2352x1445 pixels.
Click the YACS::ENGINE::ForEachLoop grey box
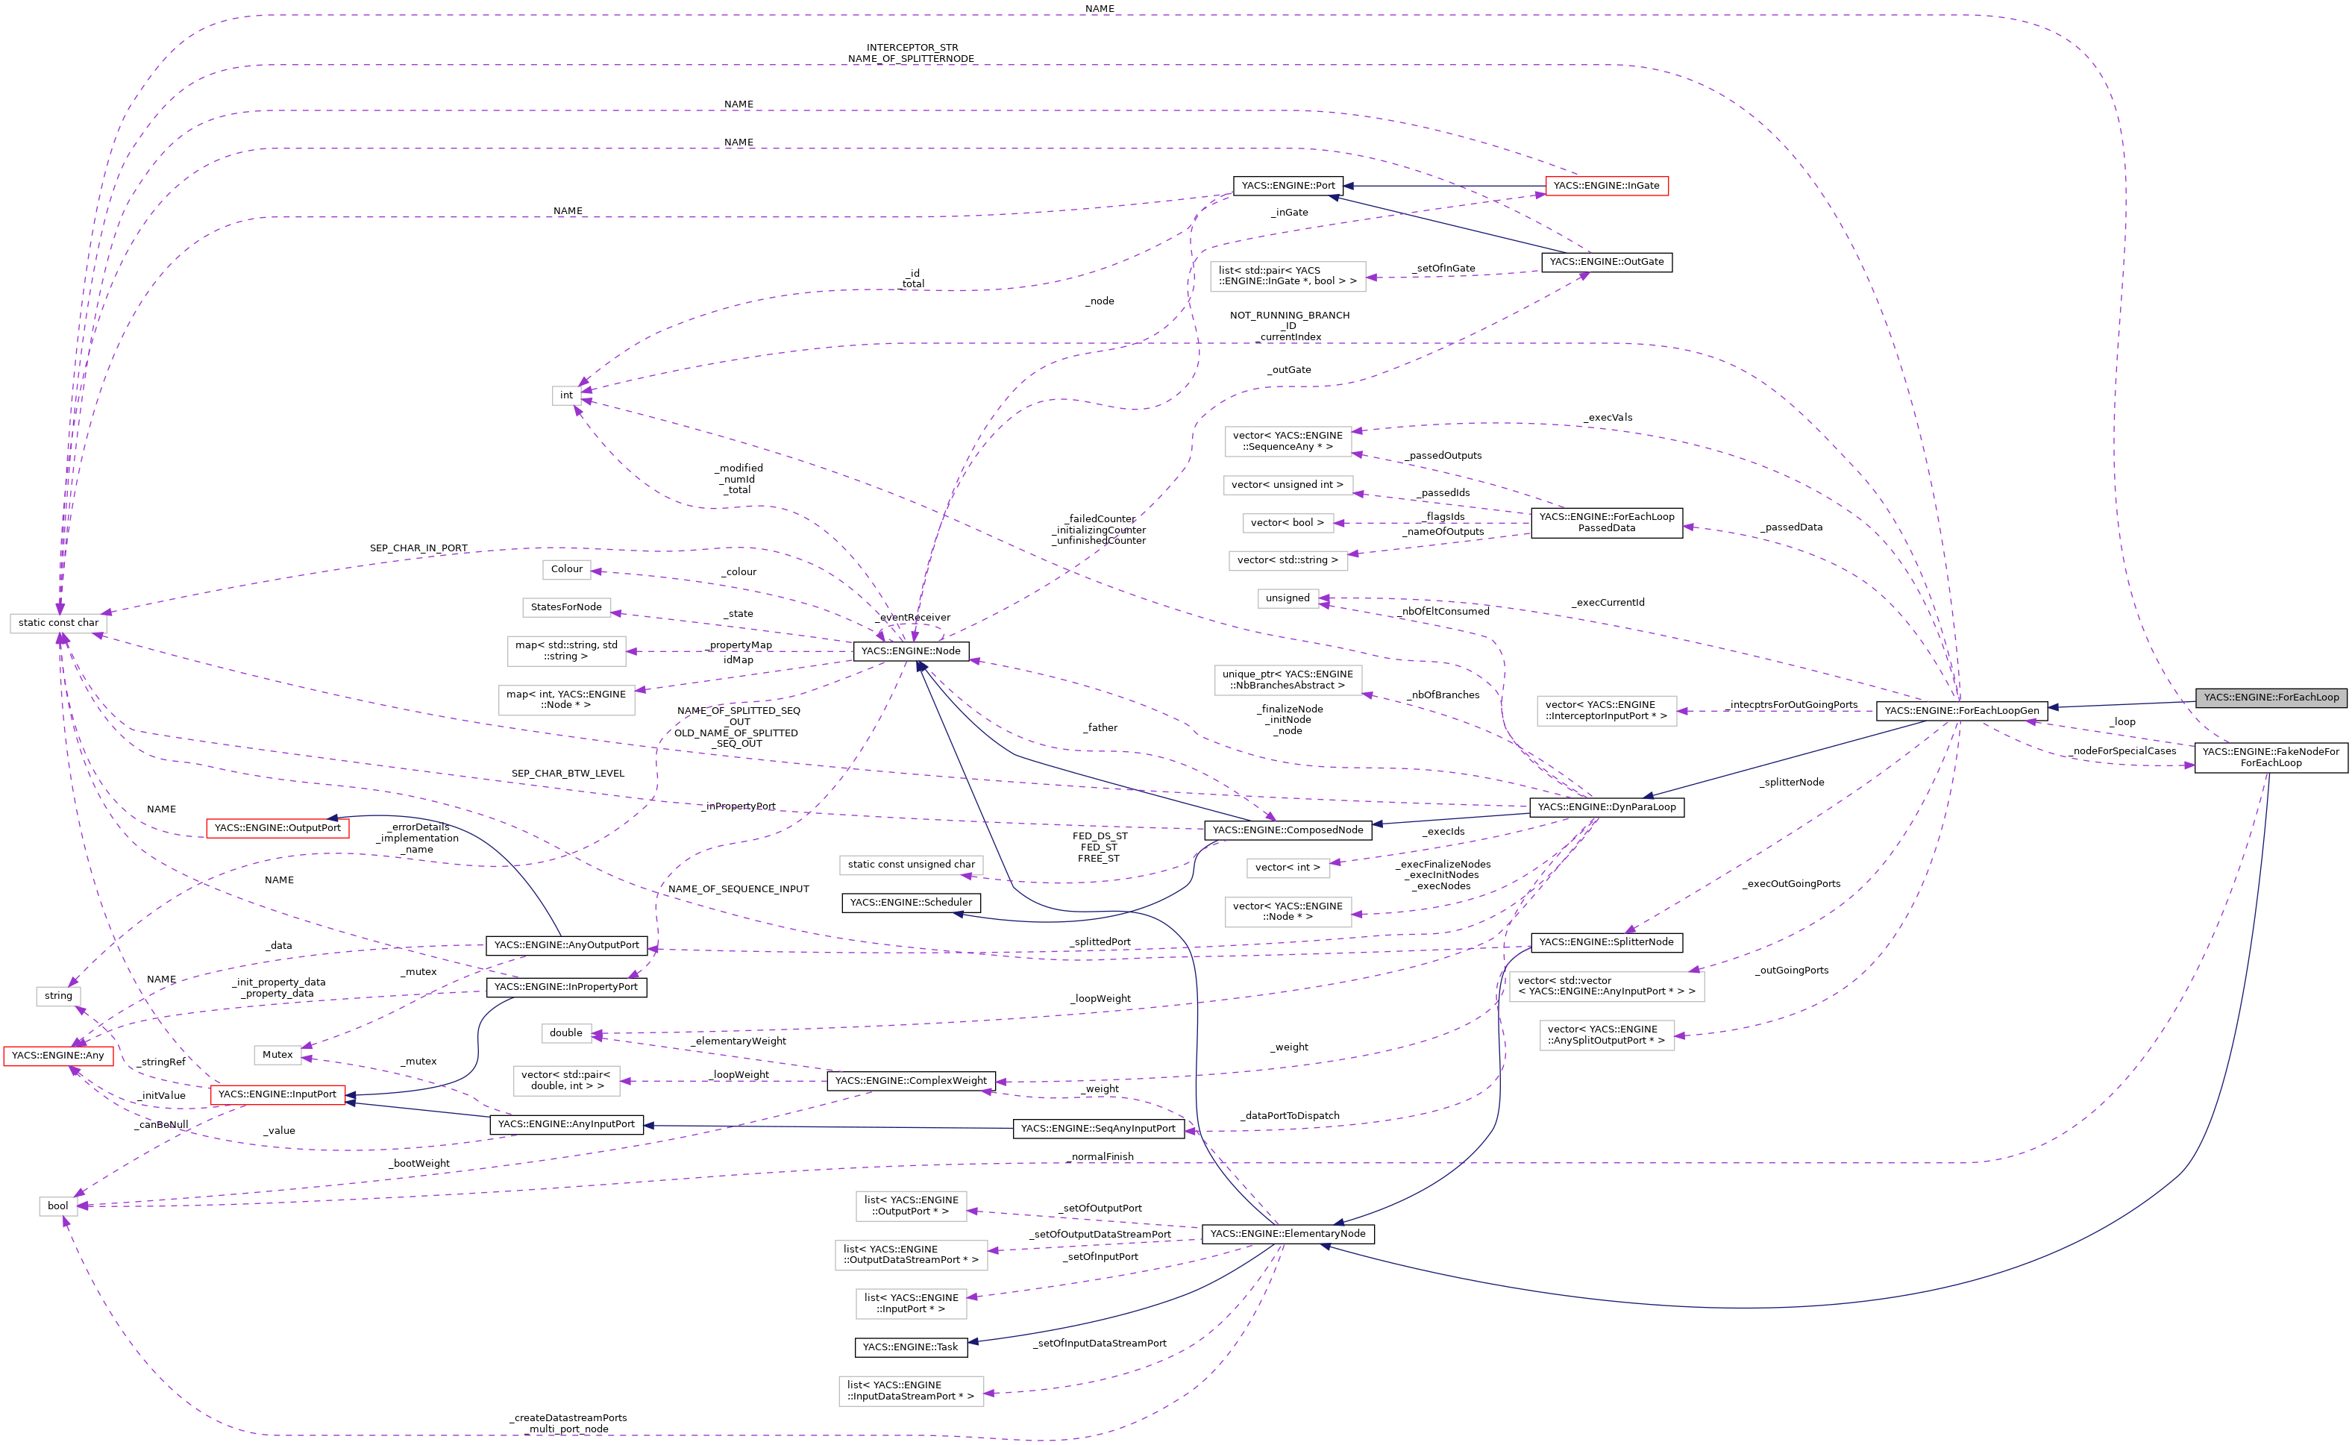(x=2271, y=698)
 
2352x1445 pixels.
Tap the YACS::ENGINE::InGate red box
(x=1606, y=186)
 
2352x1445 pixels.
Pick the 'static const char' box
(x=58, y=623)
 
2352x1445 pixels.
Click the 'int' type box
(x=566, y=395)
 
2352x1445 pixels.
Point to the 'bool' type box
(x=58, y=1206)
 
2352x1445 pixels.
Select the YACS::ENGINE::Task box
(x=909, y=1347)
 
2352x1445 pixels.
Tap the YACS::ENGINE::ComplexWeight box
(x=910, y=1081)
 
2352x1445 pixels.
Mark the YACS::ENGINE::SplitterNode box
(x=1606, y=942)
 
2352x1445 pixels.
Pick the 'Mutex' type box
(x=278, y=1055)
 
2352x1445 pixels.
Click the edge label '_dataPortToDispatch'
(x=1291, y=1116)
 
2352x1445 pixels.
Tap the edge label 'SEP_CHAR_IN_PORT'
(x=418, y=548)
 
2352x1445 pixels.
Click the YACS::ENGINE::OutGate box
(x=1606, y=262)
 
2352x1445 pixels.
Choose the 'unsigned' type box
(x=1287, y=598)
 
